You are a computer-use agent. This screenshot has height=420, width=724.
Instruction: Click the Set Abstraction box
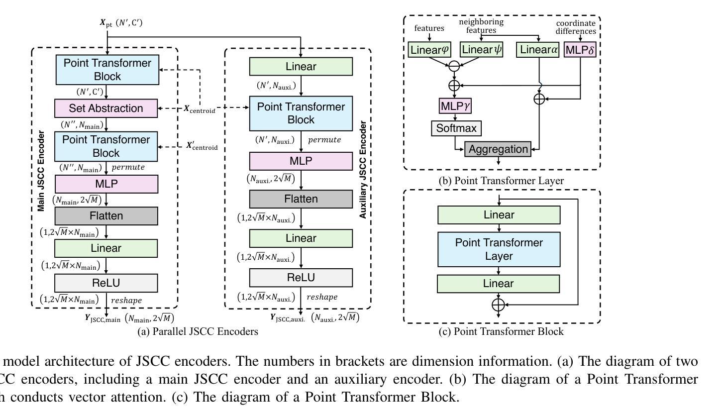point(106,108)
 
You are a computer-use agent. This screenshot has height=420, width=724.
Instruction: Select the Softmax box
point(456,128)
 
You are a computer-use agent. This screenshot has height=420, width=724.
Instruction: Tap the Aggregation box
point(498,149)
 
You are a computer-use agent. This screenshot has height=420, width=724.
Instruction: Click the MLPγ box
point(455,106)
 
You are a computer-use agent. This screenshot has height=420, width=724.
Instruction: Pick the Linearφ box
point(429,50)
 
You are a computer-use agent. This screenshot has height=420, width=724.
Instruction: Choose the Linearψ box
point(482,50)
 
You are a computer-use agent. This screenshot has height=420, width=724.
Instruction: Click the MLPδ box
point(580,50)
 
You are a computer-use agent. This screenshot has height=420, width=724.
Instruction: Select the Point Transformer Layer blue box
point(499,249)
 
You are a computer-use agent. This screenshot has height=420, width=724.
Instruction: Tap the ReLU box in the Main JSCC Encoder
point(106,283)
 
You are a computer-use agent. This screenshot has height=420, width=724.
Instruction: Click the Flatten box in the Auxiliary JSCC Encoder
point(301,199)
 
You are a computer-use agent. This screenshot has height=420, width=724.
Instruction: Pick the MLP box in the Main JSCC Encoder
point(106,184)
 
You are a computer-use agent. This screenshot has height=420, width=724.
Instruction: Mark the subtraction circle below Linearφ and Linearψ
point(454,66)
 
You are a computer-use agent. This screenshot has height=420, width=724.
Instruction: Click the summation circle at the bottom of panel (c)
point(498,305)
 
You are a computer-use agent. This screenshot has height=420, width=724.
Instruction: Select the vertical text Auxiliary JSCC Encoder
point(363,170)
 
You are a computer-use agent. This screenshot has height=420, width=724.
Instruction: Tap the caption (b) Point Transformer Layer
point(501,181)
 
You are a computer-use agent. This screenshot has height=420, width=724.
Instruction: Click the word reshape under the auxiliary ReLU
point(322,297)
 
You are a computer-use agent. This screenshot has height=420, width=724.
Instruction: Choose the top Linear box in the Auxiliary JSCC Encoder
point(301,67)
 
